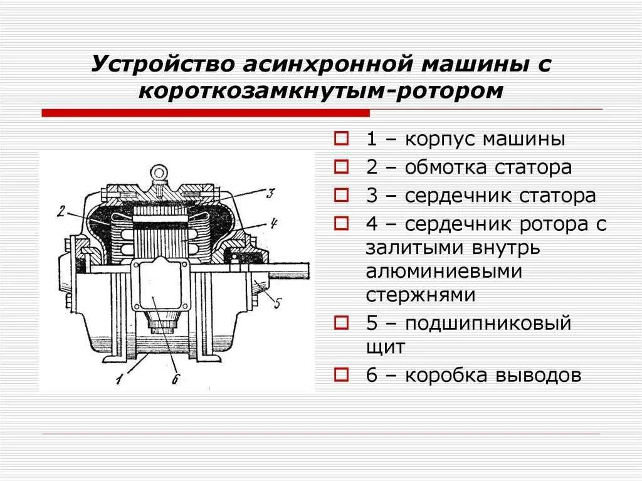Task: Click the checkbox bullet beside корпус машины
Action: [x=341, y=139]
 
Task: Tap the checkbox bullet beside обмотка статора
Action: [x=341, y=167]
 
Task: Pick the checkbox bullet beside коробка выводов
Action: [x=341, y=375]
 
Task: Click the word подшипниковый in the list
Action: [x=488, y=324]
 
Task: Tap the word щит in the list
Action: [x=386, y=347]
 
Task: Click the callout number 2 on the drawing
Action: [x=61, y=211]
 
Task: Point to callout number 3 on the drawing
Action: [x=270, y=194]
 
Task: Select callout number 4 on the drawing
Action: [x=274, y=222]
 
